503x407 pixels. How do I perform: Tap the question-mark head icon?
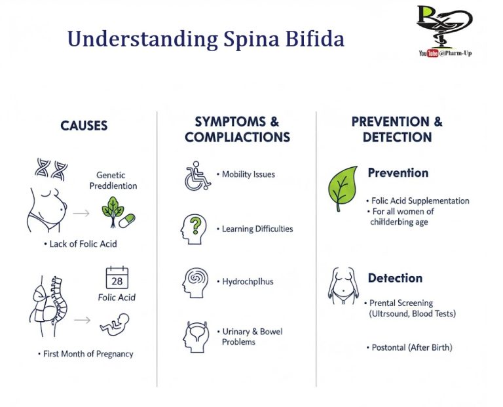tap(195, 229)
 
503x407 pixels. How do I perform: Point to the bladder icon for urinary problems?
tap(195, 336)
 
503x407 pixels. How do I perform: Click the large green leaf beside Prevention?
tap(343, 188)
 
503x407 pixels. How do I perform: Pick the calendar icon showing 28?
tap(117, 278)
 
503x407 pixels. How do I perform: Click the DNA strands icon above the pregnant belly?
tap(52, 170)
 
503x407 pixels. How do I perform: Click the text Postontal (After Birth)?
tap(411, 347)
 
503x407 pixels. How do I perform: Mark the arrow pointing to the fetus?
tap(81, 320)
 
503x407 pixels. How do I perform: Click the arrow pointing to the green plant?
tap(81, 213)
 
